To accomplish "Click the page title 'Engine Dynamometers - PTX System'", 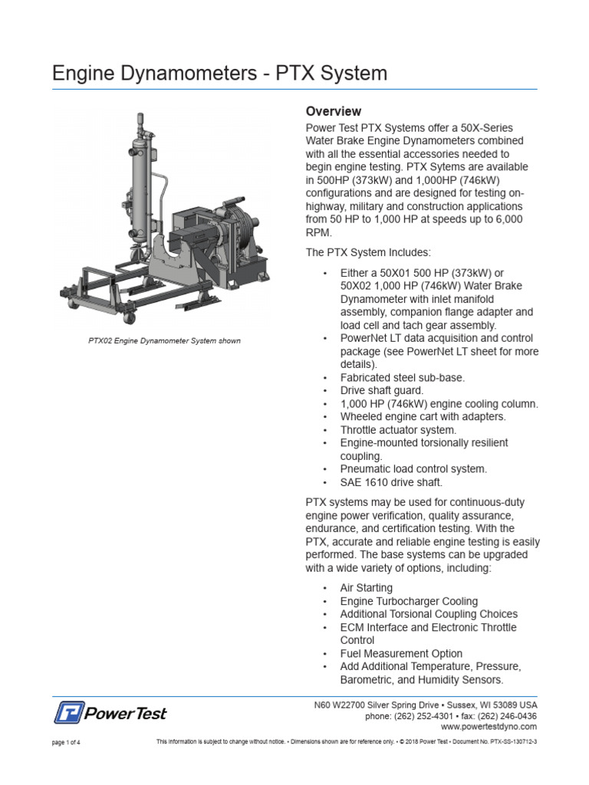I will [219, 74].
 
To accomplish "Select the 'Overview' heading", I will [333, 111].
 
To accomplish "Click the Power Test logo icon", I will [68, 712].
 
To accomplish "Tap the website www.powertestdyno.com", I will [489, 726].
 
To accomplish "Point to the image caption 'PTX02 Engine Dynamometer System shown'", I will [165, 340].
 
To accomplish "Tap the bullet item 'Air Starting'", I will [366, 588].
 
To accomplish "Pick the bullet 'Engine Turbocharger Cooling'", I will [409, 601].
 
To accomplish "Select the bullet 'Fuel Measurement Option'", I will [401, 653].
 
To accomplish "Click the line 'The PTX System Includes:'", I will [368, 252].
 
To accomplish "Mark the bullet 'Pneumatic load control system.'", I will [413, 468].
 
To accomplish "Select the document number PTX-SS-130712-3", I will [512, 742].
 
